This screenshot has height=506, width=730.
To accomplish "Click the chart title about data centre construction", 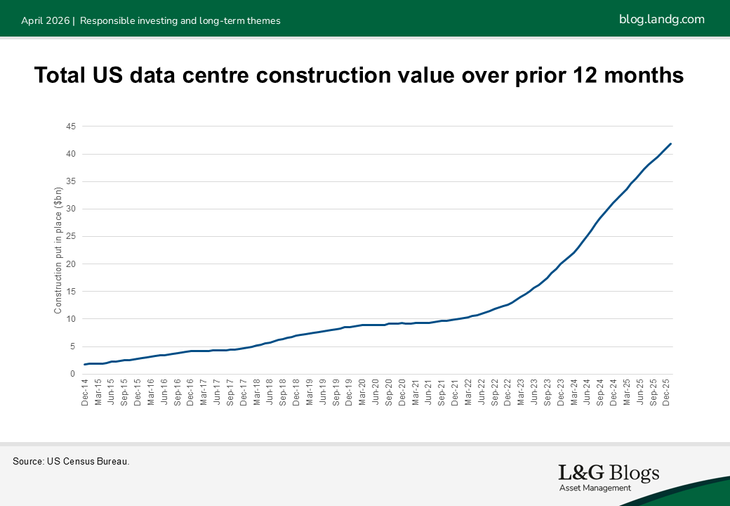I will click(x=359, y=75).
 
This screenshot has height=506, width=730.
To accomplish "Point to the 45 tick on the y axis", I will click(x=71, y=126).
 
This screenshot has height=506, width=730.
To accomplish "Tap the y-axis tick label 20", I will click(x=71, y=264).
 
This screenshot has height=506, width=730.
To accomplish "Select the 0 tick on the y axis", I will click(x=73, y=374).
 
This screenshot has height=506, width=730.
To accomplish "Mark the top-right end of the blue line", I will click(x=670, y=144).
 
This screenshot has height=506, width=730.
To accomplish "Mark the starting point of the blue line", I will click(x=85, y=364).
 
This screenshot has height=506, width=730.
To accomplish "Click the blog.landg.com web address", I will click(x=661, y=19).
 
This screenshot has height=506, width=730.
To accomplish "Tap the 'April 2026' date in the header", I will click(x=45, y=20).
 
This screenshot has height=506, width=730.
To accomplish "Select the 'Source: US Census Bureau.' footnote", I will click(x=71, y=462).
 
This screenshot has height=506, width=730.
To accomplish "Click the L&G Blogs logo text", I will click(x=609, y=473).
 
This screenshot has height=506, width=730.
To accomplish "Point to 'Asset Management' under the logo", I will click(x=595, y=488).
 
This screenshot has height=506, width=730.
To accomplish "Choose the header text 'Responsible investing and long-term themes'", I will click(x=180, y=20).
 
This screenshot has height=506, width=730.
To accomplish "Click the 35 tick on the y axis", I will click(x=71, y=181).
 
